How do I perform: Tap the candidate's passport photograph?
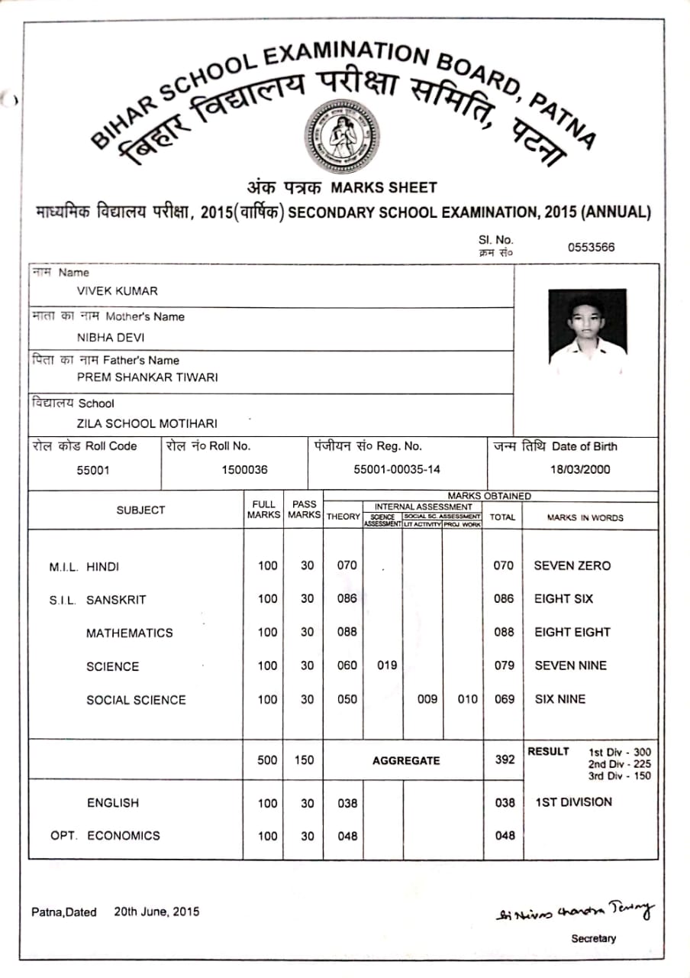click(x=587, y=326)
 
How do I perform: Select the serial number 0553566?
click(x=591, y=247)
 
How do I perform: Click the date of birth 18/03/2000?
click(x=580, y=470)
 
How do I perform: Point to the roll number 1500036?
click(x=244, y=470)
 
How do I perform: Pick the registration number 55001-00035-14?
click(x=397, y=470)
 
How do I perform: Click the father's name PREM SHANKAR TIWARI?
click(x=147, y=377)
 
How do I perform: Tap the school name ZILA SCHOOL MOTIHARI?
click(x=147, y=423)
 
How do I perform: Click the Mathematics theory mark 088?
click(x=347, y=632)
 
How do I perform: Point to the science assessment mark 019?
click(x=387, y=665)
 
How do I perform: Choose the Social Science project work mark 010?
click(x=467, y=699)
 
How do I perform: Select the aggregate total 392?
click(x=504, y=760)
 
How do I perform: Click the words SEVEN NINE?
click(x=570, y=665)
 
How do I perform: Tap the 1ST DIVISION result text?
click(x=573, y=802)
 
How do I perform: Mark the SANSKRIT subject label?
click(x=115, y=600)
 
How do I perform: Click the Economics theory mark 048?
click(x=347, y=836)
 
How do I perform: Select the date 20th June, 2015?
click(x=156, y=912)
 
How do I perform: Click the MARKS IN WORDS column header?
click(x=585, y=517)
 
